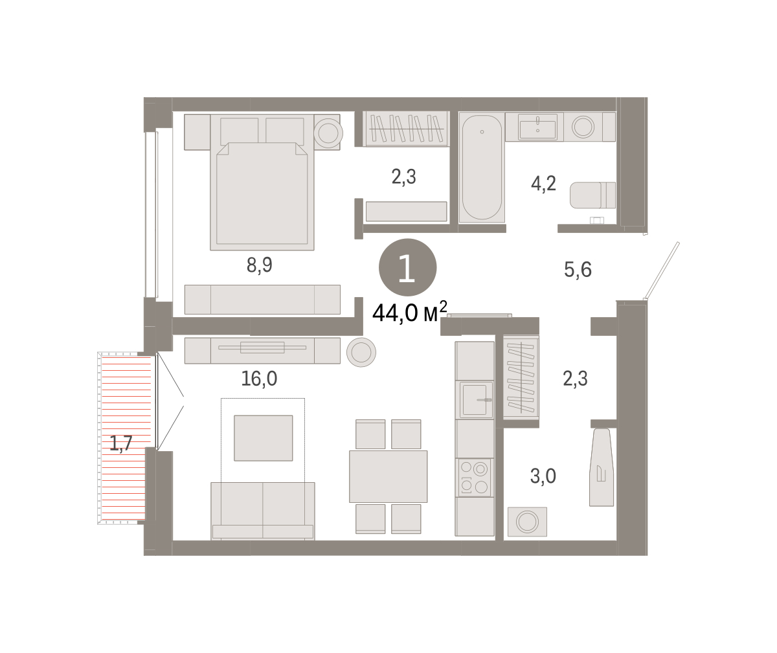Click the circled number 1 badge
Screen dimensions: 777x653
point(407,267)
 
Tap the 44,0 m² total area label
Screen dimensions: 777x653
point(410,312)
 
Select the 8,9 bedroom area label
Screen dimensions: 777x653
point(260,265)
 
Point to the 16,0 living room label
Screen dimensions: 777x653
point(259,379)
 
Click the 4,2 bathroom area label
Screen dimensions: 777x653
point(543,183)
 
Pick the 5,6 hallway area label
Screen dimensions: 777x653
point(578,270)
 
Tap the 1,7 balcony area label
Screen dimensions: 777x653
point(121,443)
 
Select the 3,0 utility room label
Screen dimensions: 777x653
point(543,476)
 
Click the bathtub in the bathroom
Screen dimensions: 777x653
point(482,168)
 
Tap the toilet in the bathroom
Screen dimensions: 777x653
point(592,195)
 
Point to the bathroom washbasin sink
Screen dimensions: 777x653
point(537,127)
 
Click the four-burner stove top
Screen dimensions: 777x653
point(475,478)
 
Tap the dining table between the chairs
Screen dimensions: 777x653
point(388,476)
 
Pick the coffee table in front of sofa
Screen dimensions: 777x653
point(263,438)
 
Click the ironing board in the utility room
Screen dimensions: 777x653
point(602,467)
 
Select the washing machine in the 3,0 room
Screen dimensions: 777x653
point(527,522)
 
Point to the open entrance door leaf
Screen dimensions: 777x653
point(662,271)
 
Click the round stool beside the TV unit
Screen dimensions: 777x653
point(361,352)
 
